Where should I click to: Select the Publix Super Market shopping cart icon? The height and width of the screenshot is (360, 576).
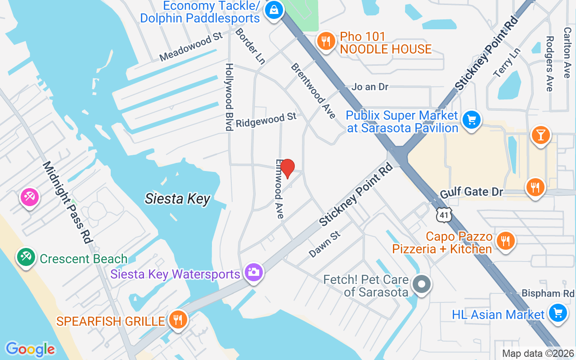click(471, 120)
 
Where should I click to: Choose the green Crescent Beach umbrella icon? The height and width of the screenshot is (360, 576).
click(26, 257)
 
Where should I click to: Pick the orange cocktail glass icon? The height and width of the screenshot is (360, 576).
click(541, 135)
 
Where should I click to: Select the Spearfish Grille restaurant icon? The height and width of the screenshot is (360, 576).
click(178, 320)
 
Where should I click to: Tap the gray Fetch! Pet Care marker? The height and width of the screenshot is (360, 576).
click(422, 284)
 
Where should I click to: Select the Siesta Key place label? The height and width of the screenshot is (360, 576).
click(177, 198)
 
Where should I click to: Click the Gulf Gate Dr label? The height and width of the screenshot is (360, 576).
click(471, 192)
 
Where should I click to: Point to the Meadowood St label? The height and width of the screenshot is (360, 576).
click(192, 47)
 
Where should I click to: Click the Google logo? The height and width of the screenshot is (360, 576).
click(30, 349)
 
